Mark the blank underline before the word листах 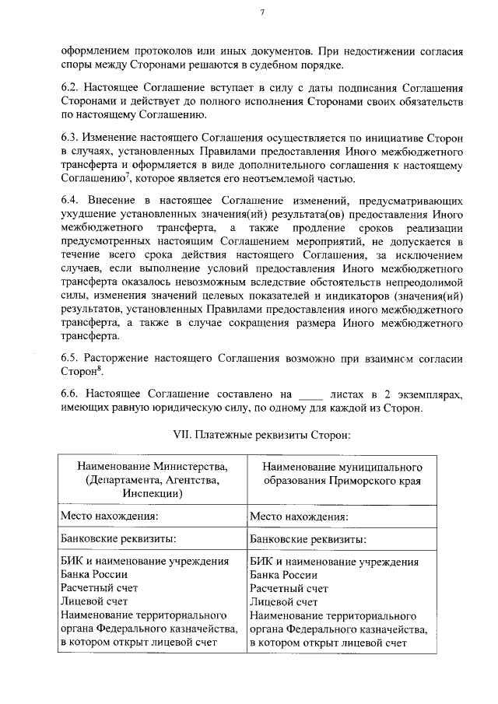pyautogui.click(x=310, y=394)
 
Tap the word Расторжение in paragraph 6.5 pyautogui.click(x=121, y=359)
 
